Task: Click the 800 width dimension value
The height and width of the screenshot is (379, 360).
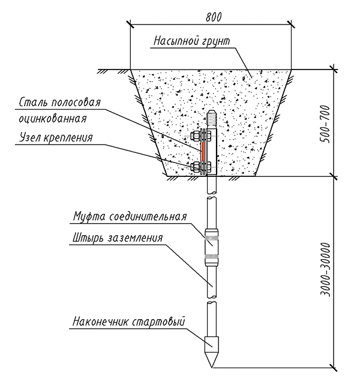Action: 211,16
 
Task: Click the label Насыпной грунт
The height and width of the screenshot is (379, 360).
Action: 192,41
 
